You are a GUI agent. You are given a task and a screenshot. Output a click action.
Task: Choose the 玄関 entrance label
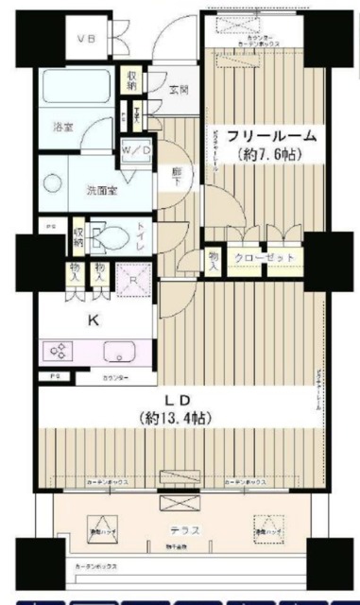[179, 90]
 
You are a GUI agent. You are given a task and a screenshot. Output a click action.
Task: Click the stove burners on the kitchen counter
[57, 353]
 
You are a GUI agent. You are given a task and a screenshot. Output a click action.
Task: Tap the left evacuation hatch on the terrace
[100, 527]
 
